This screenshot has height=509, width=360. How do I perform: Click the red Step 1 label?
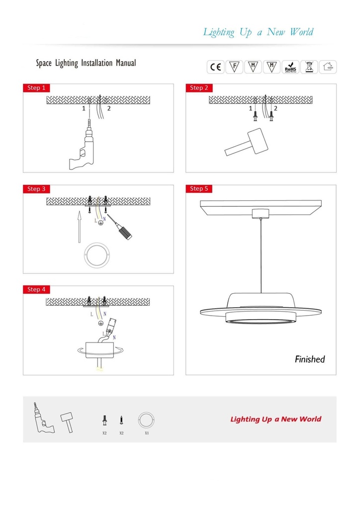(37, 88)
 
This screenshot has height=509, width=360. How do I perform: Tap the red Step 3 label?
(37, 189)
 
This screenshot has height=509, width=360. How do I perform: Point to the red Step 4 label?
(37, 289)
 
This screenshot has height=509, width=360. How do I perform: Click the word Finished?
(310, 359)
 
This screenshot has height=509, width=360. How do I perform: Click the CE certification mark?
(216, 67)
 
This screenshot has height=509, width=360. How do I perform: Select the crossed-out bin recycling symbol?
(309, 67)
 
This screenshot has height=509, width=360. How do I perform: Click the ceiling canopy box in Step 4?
(100, 349)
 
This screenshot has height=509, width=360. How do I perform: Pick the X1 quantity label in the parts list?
(147, 433)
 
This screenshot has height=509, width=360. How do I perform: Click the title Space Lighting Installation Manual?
(86, 63)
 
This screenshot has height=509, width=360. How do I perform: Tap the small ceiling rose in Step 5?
(261, 214)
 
